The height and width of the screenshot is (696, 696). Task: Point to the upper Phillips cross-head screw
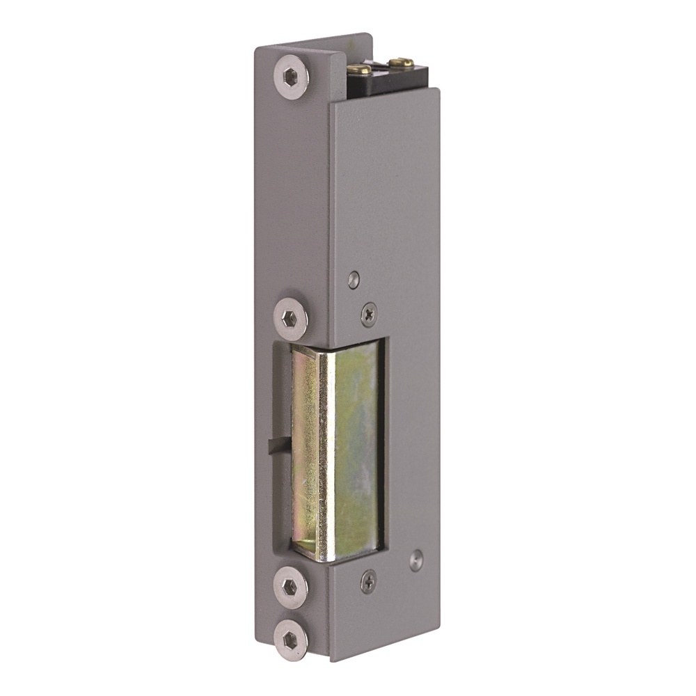pos(369,315)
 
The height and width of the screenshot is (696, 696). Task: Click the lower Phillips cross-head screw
pos(368,579)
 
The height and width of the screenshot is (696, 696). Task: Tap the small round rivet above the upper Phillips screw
pos(354,279)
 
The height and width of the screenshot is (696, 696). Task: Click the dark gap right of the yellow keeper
pos(384,445)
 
